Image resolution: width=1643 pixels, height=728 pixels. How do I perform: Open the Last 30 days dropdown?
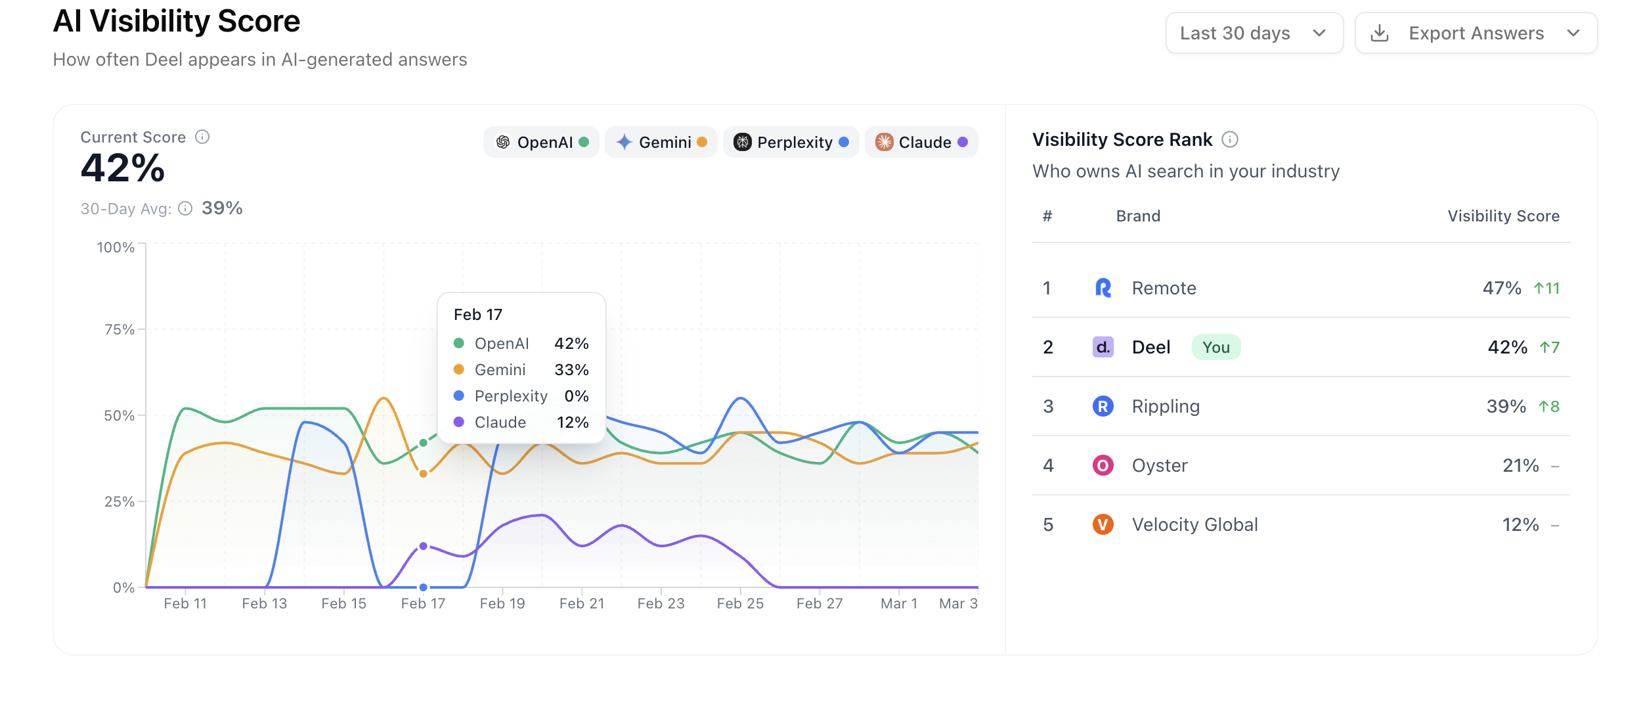pos(1254,33)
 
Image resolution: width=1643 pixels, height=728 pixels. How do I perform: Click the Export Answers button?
pos(1476,33)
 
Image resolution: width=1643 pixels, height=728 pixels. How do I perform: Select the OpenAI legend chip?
pos(542,142)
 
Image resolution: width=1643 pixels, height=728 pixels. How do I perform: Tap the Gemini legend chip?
pos(661,142)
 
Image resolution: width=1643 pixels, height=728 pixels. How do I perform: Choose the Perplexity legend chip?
pos(791,142)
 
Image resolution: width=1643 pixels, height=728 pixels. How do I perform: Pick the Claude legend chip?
pos(921,142)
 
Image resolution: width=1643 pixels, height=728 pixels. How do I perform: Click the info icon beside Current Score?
pos(202,137)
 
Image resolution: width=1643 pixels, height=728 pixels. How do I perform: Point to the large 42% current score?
pos(123,168)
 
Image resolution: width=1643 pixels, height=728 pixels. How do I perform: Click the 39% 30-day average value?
pos(222,208)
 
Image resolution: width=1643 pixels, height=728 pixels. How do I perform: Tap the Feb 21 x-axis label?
pos(581,603)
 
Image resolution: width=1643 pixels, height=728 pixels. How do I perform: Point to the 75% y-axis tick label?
pos(119,329)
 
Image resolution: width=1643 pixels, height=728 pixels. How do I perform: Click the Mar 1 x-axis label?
pos(898,603)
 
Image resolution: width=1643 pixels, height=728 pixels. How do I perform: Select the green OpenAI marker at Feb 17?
pos(423,443)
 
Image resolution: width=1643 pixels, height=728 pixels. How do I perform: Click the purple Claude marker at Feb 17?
pos(423,546)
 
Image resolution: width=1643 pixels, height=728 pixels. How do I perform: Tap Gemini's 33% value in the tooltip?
pos(571,370)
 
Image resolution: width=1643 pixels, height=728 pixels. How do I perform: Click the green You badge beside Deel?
pos(1216,347)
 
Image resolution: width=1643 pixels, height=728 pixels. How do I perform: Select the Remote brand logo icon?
pos(1103,288)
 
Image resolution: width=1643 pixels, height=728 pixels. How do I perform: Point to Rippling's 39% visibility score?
pos(1506,406)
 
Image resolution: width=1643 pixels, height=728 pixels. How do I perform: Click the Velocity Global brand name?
pos(1194,524)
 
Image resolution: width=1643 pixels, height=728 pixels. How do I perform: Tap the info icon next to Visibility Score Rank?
pos(1229,139)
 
